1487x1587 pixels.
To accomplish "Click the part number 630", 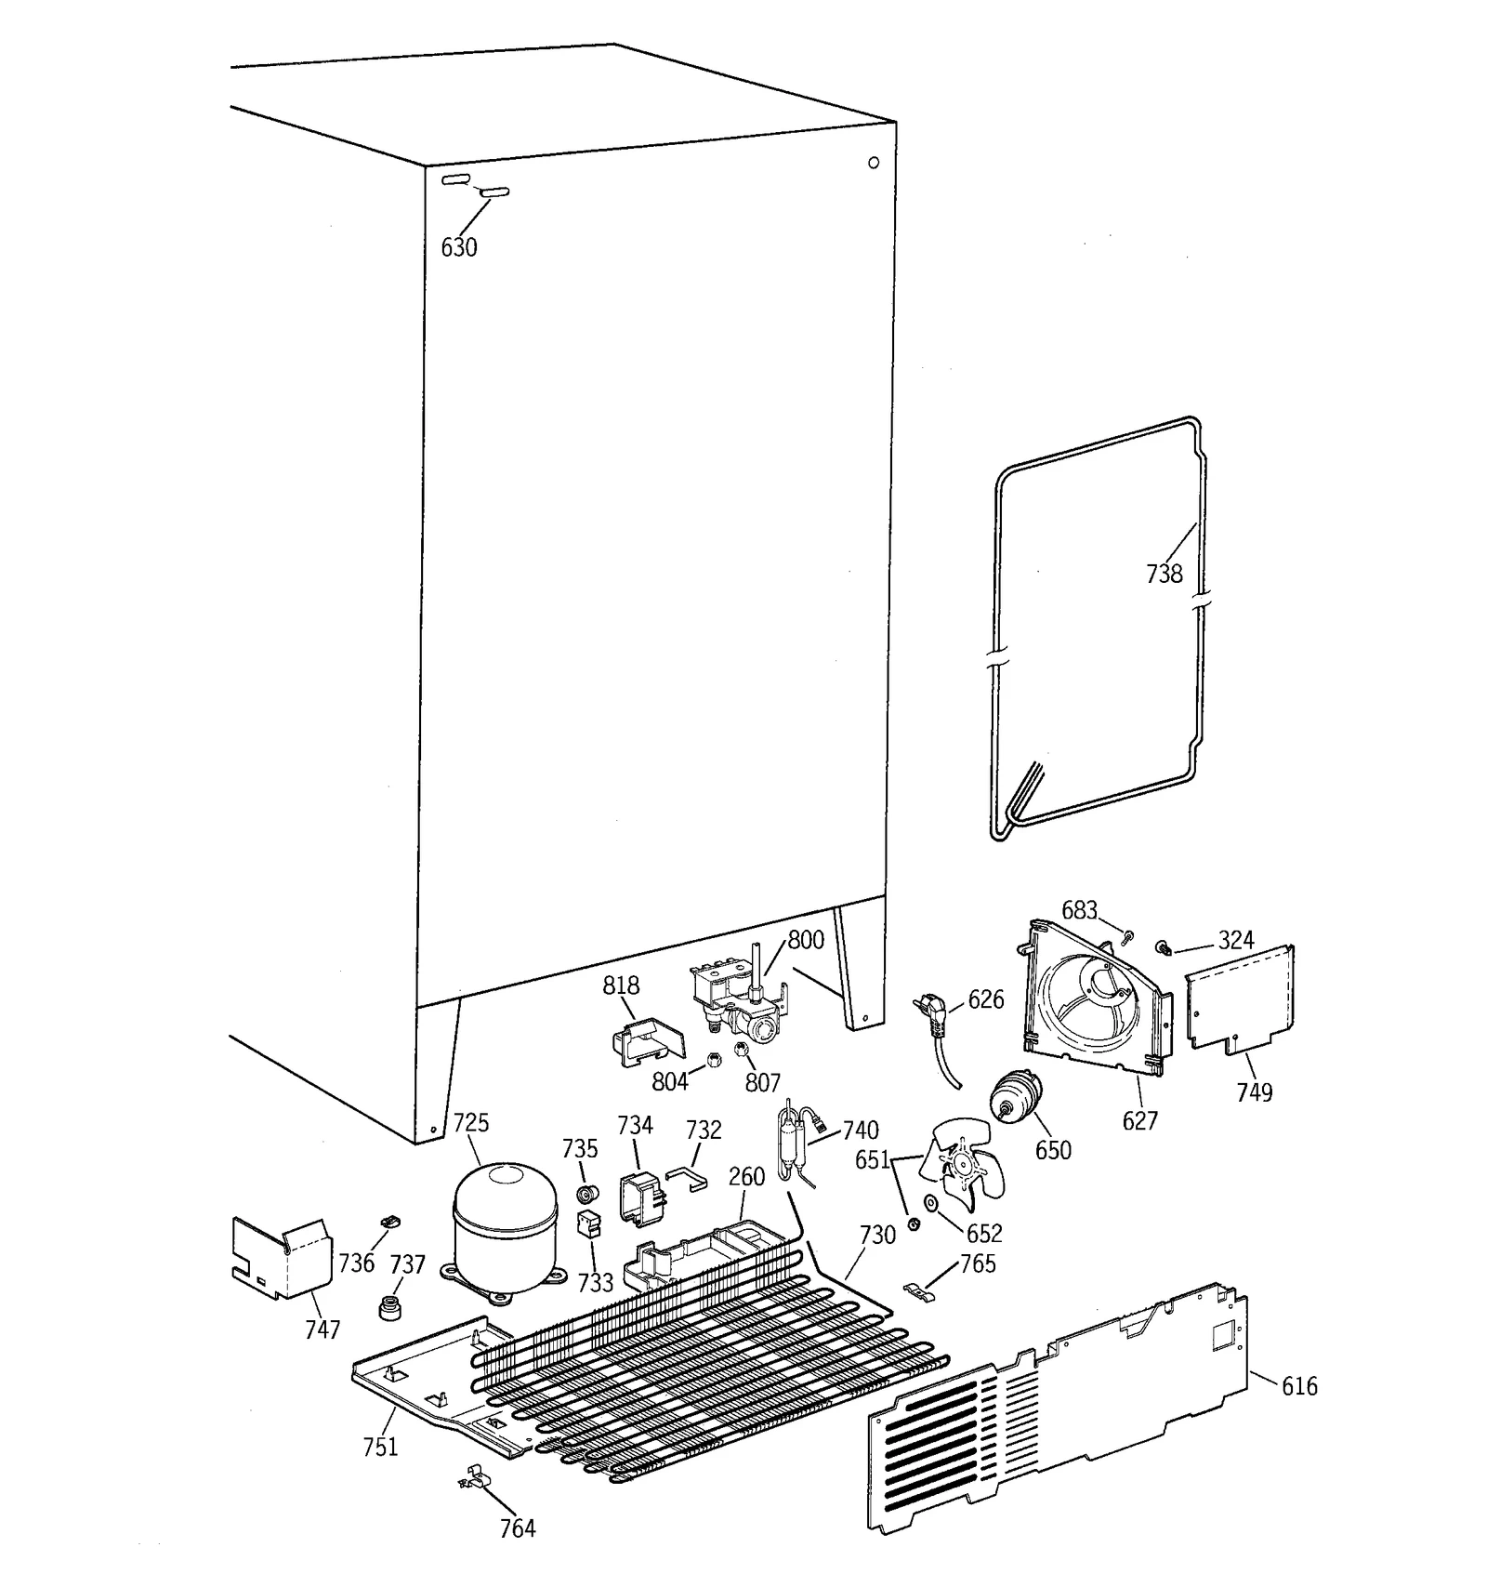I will coord(458,247).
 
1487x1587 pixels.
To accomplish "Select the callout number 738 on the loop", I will coord(1164,574).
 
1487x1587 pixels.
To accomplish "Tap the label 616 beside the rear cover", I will coord(1298,1386).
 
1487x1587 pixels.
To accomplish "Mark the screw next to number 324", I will coord(1162,947).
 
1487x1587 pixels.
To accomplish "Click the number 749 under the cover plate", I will coord(1254,1091).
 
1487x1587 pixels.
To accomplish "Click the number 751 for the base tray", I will coord(380,1447).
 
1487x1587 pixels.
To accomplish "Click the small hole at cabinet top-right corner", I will coord(874,163).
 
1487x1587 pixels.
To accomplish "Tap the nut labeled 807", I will coord(742,1051).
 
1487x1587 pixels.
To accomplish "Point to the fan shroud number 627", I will coord(1139,1120).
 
